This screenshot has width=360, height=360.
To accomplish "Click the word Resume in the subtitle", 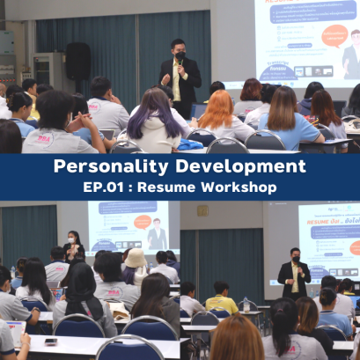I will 176,187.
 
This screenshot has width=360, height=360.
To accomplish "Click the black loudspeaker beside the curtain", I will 78,62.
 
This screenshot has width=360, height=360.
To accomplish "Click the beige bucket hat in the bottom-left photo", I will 135,257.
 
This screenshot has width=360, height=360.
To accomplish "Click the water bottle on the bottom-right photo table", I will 245,304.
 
